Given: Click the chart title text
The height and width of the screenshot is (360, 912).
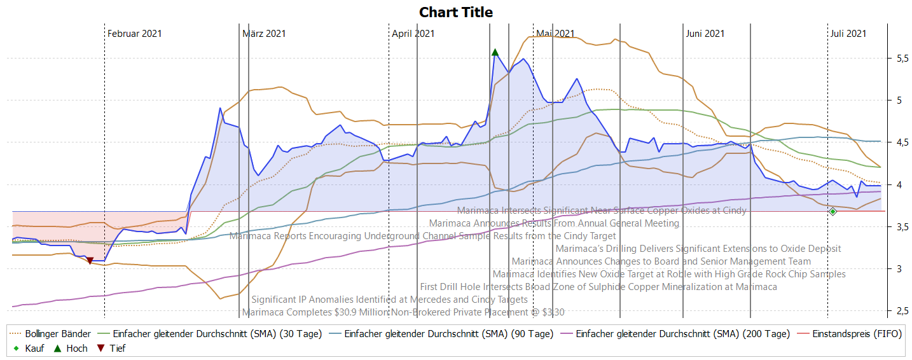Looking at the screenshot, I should tap(456, 12).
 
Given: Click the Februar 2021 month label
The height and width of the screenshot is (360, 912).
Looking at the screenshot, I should tap(134, 34).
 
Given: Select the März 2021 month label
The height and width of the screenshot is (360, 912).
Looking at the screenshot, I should tap(264, 34).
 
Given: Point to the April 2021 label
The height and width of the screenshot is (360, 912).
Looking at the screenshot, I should tap(413, 34).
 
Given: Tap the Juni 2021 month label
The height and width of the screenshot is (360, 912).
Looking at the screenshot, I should tap(705, 34).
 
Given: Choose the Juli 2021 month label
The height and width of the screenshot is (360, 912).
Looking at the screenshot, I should tap(848, 34).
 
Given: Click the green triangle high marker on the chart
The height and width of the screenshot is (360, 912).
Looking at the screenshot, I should tap(495, 52).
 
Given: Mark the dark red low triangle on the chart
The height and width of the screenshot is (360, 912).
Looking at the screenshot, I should tap(90, 261).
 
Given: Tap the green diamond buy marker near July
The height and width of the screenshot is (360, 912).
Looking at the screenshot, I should tap(833, 211).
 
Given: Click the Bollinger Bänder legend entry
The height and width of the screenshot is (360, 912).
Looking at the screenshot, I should tap(58, 334).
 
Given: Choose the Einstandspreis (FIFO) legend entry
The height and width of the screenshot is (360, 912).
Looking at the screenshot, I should tap(856, 334).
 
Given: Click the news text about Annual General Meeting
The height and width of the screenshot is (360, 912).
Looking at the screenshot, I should tap(554, 223).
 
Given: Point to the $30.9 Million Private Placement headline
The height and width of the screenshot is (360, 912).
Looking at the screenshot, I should tap(403, 312).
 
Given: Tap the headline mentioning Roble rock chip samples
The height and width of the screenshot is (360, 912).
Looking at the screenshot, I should tap(669, 274).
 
